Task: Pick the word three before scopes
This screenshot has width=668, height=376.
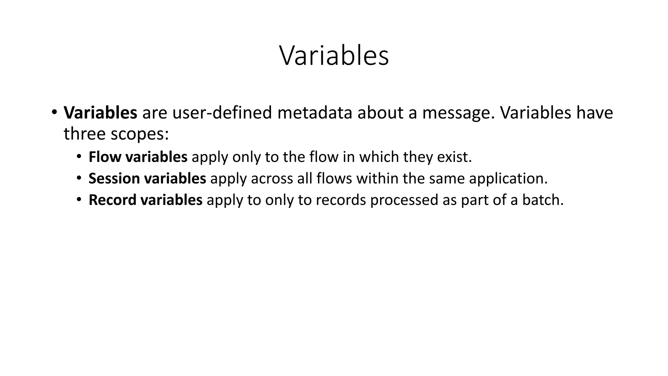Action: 85,133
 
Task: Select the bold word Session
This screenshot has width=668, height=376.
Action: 114,179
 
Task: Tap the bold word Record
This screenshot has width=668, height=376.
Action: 112,200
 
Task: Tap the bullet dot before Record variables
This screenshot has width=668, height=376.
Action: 79,199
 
